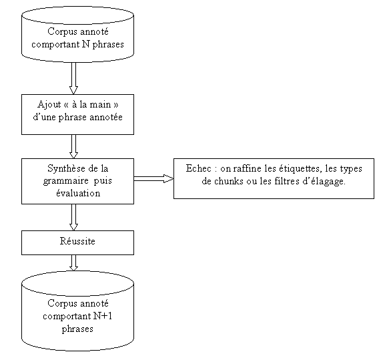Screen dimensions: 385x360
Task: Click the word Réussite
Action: [x=77, y=241]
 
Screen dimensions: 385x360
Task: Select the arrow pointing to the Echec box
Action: [x=153, y=178]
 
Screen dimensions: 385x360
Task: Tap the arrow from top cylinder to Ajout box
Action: [x=73, y=78]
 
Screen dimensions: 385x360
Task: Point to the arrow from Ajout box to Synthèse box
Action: [x=73, y=146]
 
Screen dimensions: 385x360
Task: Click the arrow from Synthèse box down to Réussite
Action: [x=73, y=217]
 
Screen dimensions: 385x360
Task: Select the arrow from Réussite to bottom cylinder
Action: [x=73, y=262]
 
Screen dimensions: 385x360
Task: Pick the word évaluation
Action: [x=78, y=193]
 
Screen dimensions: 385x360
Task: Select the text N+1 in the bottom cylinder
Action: [x=103, y=316]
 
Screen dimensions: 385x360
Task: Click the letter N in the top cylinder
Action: [x=85, y=44]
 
